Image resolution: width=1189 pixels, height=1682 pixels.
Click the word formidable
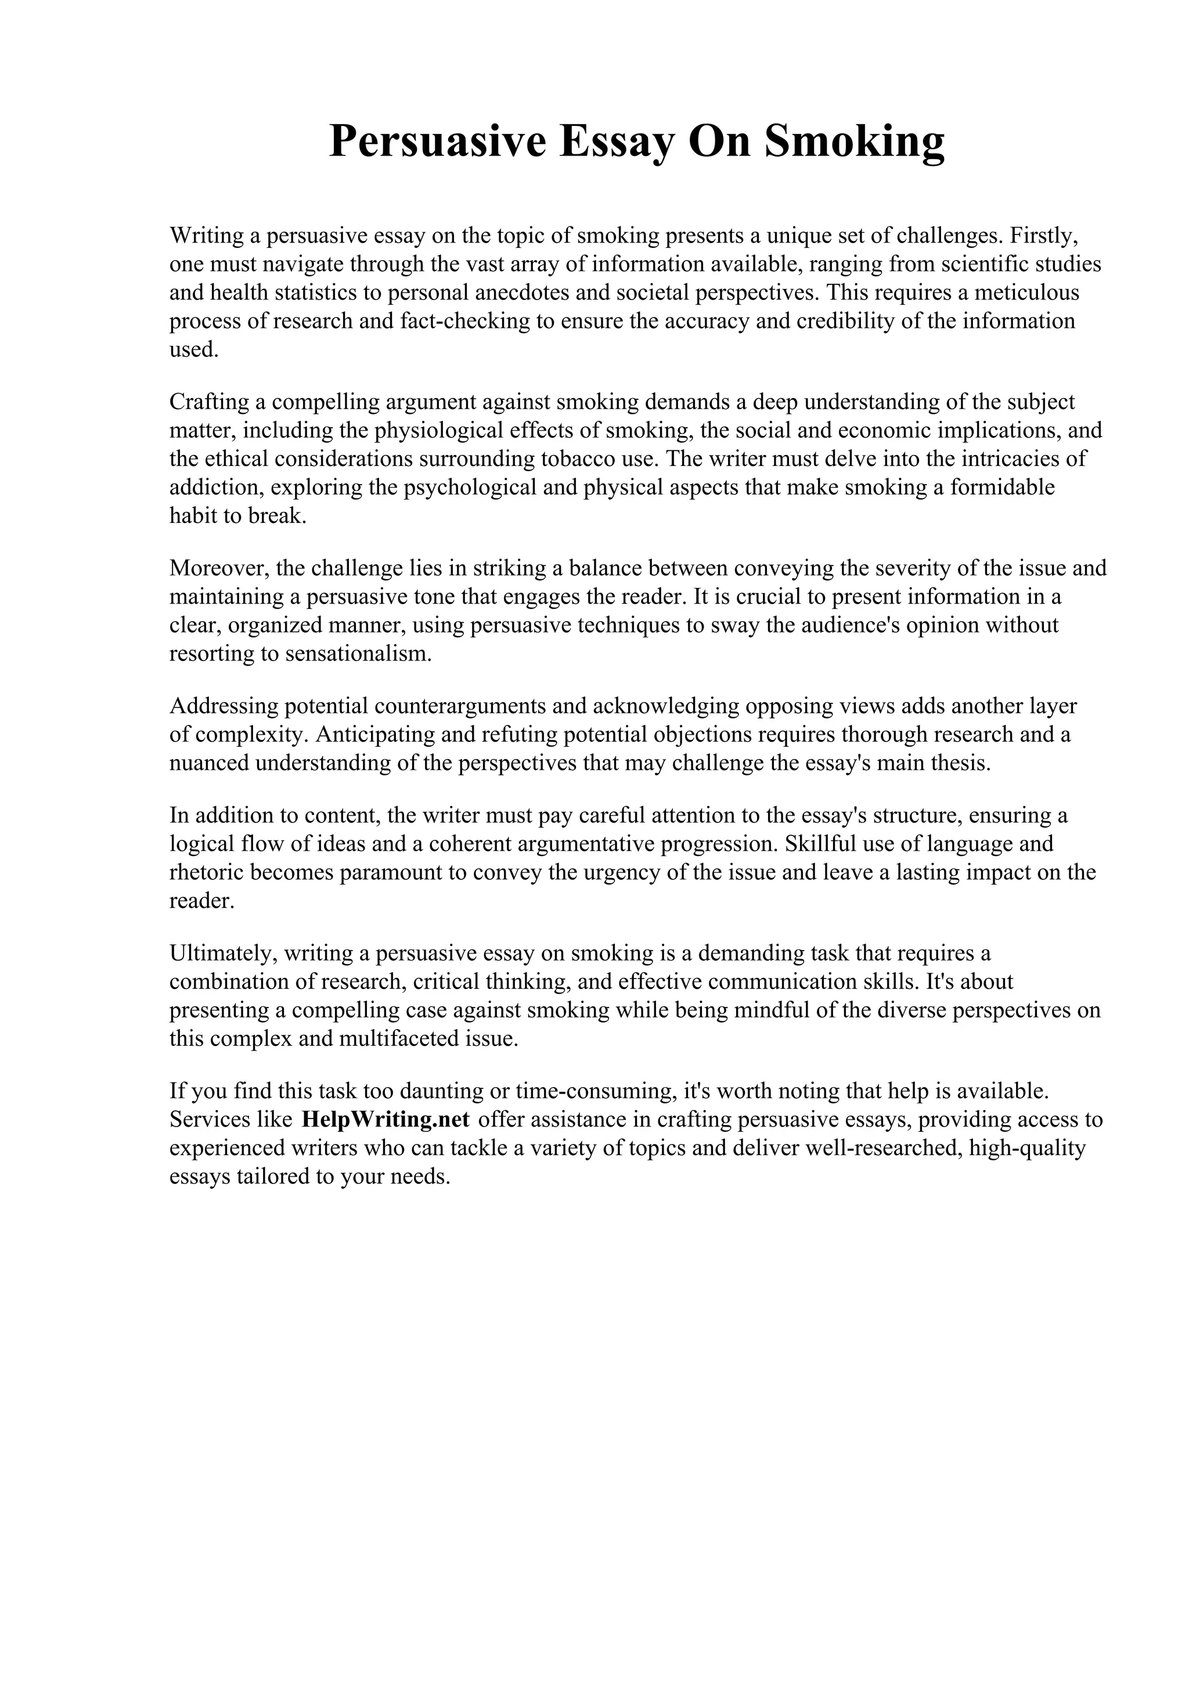tap(1002, 487)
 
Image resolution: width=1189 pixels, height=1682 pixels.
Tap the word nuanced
tap(209, 763)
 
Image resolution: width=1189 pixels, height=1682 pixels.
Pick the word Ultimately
tap(222, 953)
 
